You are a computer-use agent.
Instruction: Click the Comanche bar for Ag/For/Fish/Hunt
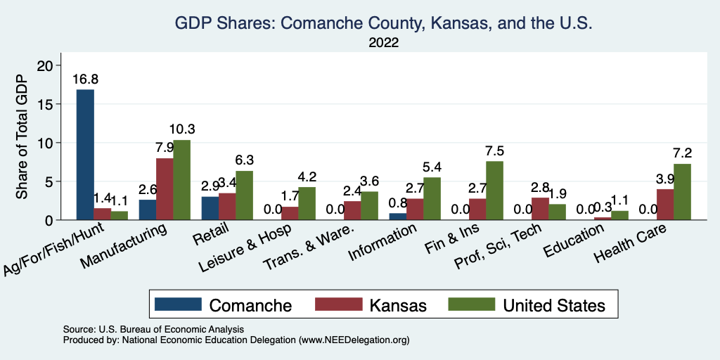coord(85,155)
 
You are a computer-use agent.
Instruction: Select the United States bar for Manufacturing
coord(181,180)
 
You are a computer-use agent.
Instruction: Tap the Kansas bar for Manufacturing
coord(165,189)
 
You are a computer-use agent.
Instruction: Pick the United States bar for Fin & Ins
coord(494,191)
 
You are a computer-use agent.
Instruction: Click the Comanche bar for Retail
coord(209,208)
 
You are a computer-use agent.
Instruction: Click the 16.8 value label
coord(86,79)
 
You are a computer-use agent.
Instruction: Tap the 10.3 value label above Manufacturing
coord(181,129)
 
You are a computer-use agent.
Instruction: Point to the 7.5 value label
coord(494,150)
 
